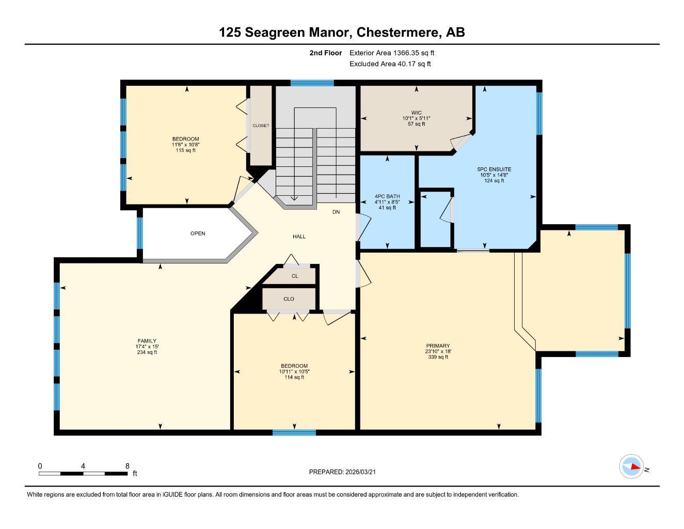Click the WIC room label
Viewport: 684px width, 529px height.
click(x=416, y=113)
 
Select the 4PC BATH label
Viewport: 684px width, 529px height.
click(x=387, y=196)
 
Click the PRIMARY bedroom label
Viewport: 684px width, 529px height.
click(x=438, y=346)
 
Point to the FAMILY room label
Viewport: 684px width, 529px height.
click(x=146, y=341)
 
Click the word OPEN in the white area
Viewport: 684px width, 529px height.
click(x=198, y=234)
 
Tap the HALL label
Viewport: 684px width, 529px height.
click(x=299, y=237)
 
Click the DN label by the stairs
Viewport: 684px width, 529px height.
click(x=336, y=212)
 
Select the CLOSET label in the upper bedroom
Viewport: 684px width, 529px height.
click(x=261, y=126)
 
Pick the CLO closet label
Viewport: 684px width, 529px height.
click(x=289, y=299)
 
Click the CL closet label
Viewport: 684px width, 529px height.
click(x=295, y=276)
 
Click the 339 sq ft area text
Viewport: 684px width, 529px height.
click(x=438, y=357)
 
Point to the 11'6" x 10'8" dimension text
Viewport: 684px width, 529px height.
click(x=186, y=145)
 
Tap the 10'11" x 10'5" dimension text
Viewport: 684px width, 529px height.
click(x=294, y=371)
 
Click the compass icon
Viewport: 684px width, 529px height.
click(x=631, y=466)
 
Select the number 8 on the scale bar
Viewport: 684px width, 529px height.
click(x=128, y=465)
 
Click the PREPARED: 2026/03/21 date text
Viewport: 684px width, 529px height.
click(x=346, y=472)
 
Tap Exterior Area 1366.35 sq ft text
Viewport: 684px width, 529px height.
click(x=392, y=53)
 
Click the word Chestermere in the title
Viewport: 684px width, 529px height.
click(x=398, y=32)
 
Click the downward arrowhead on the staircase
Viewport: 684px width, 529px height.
click(x=294, y=197)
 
